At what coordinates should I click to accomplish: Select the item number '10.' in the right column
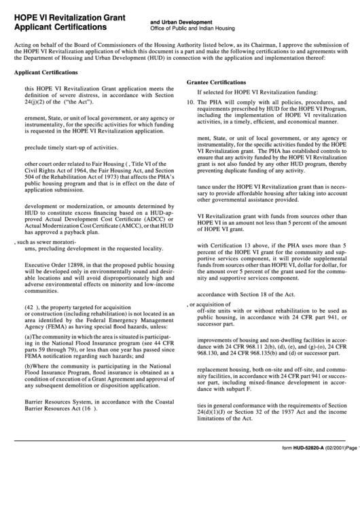[x=191, y=102]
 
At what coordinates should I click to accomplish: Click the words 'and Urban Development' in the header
[x=181, y=22]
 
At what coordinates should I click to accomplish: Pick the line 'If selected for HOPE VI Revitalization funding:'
[x=256, y=92]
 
